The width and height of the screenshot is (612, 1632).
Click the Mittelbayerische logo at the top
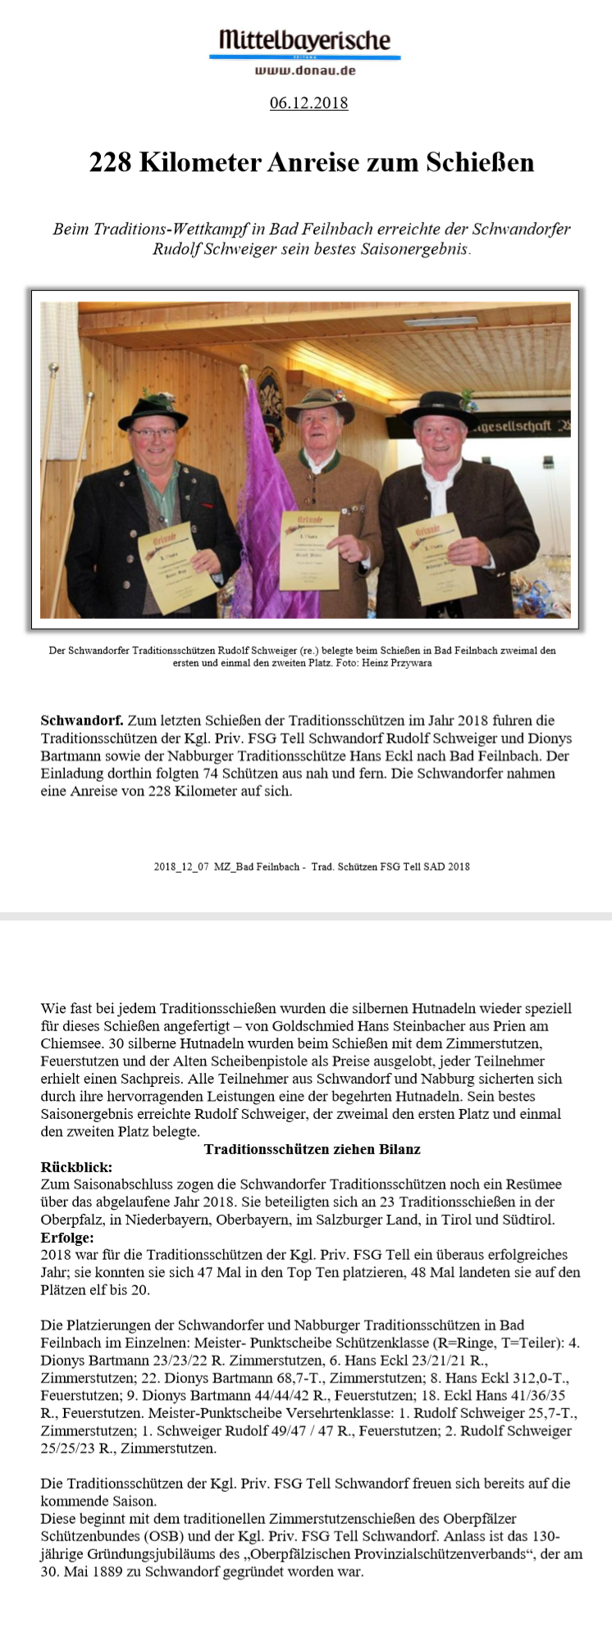pyautogui.click(x=304, y=40)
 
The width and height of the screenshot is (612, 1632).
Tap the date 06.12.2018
pyautogui.click(x=308, y=103)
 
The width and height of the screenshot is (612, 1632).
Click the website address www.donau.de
pyautogui.click(x=304, y=70)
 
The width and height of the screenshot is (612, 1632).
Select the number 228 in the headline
pyautogui.click(x=111, y=162)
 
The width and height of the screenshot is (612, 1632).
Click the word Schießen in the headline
pyautogui.click(x=479, y=162)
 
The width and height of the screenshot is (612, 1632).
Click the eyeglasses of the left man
pyautogui.click(x=153, y=432)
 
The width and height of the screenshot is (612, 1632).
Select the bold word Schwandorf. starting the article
pyautogui.click(x=82, y=721)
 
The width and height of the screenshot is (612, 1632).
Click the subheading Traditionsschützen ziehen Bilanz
pyautogui.click(x=312, y=1149)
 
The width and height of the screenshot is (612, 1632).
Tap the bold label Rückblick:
pyautogui.click(x=76, y=1166)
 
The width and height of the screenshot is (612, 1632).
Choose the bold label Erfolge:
pyautogui.click(x=67, y=1237)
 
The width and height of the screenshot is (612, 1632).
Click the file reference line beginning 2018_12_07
pyautogui.click(x=312, y=866)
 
